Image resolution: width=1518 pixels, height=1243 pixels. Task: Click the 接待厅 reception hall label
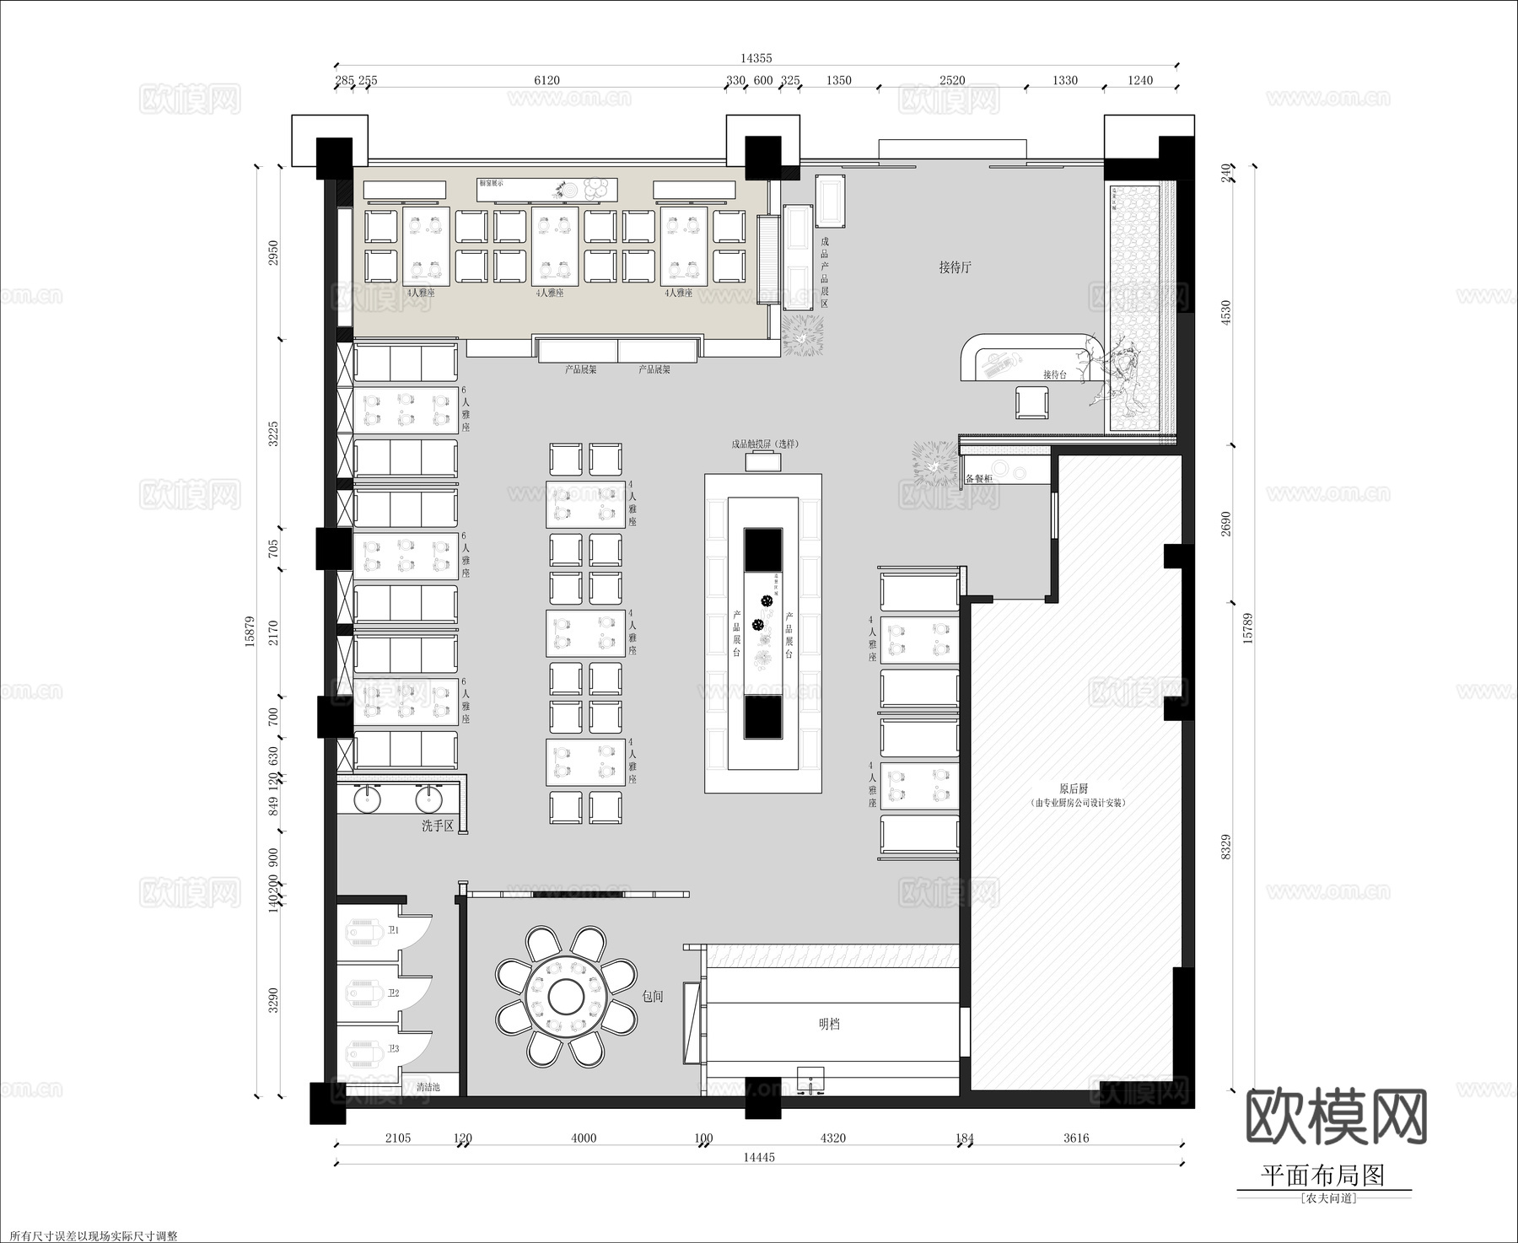coord(955,267)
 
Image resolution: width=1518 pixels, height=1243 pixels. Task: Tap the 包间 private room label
coord(653,996)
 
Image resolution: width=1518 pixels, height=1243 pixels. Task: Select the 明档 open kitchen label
coord(830,1025)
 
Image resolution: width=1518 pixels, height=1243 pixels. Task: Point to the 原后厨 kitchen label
coord(1073,788)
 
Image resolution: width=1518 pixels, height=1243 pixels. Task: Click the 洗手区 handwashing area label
coord(438,826)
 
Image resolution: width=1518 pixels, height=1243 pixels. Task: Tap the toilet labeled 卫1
coord(365,931)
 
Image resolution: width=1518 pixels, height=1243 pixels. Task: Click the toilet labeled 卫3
coord(365,1051)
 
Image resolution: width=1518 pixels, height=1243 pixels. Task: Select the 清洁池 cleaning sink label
coord(428,1087)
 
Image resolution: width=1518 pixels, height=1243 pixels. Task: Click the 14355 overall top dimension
coord(756,58)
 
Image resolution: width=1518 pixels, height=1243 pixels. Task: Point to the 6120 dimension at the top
coord(546,80)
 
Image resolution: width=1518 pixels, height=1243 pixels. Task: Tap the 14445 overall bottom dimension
coord(758,1157)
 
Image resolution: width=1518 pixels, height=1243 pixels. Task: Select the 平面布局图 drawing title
coord(1322,1176)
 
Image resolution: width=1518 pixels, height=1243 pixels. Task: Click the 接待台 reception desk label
coord(1054,374)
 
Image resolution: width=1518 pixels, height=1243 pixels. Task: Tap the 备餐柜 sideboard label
coord(978,478)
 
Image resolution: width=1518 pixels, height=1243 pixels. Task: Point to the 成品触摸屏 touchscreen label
coord(764,444)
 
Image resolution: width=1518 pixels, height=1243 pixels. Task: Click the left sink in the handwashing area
coord(368,796)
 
